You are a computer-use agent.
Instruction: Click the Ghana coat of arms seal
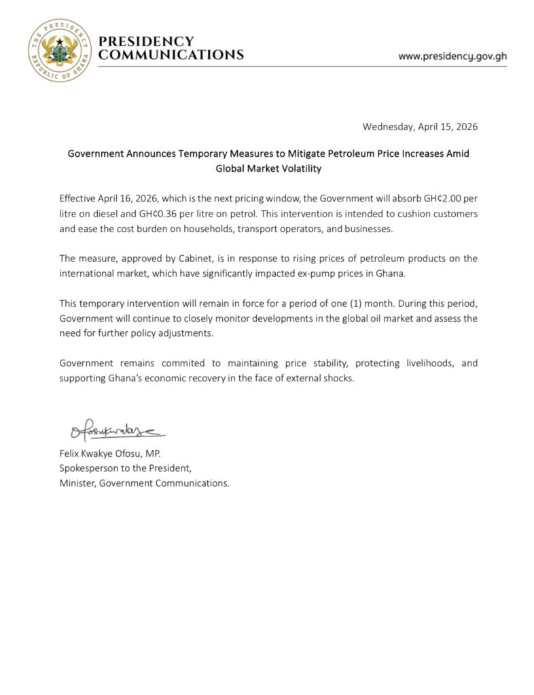click(x=59, y=50)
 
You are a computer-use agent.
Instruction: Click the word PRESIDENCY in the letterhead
click(x=146, y=42)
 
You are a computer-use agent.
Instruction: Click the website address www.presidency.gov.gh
click(x=452, y=56)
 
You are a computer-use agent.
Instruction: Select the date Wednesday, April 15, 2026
click(x=420, y=127)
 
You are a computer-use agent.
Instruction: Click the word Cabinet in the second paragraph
click(x=204, y=259)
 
